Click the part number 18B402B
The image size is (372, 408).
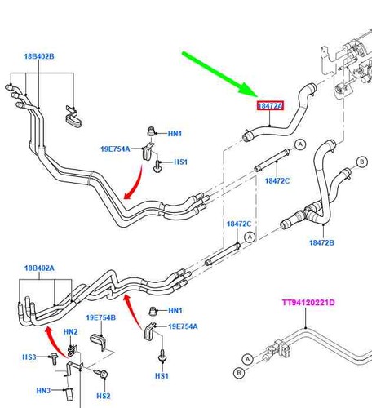[x=39, y=56]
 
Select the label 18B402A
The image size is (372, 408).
[x=39, y=268]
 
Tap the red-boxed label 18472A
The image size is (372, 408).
[x=270, y=106]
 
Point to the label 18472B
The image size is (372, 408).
[x=321, y=242]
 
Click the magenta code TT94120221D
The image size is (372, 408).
[x=308, y=303]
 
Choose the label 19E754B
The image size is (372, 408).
[x=100, y=317]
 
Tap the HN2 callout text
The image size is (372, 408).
[x=70, y=332]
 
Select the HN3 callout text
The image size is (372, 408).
[x=43, y=391]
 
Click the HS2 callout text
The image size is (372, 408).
[x=104, y=396]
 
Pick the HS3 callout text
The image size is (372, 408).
[x=29, y=357]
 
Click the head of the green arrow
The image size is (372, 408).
[x=257, y=96]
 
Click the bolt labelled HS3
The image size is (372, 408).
[x=54, y=358]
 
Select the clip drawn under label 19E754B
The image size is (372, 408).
[x=98, y=342]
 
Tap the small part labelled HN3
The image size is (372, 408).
[x=69, y=394]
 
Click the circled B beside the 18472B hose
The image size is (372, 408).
[x=362, y=162]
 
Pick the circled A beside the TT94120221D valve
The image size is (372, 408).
[x=247, y=360]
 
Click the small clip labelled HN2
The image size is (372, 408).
[x=72, y=350]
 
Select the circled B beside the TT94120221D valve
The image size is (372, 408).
[x=239, y=373]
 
